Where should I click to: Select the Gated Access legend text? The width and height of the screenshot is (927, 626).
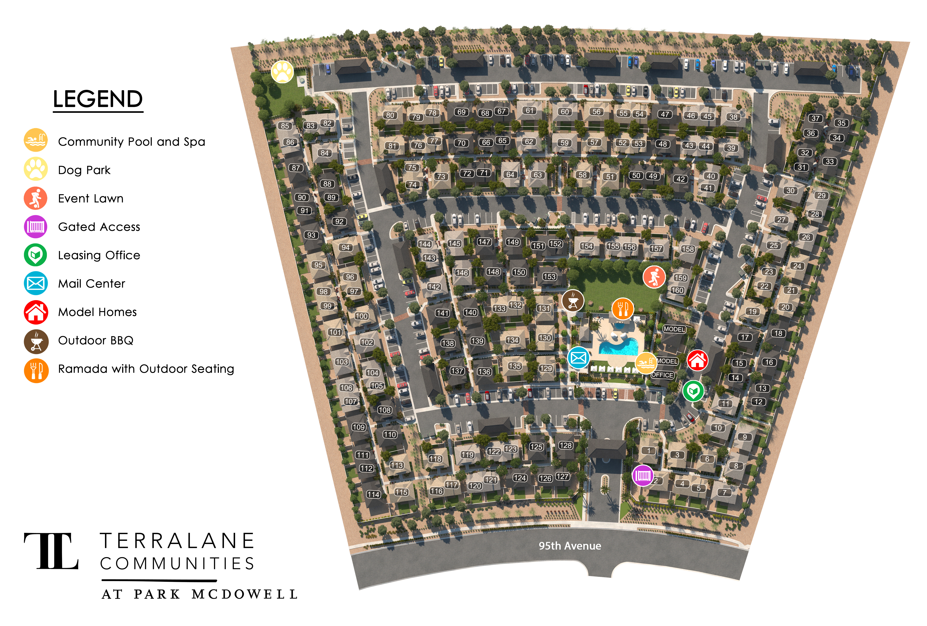click(99, 227)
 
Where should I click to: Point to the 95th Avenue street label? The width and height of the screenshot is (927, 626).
click(570, 546)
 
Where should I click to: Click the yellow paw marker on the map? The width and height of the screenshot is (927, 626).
click(282, 72)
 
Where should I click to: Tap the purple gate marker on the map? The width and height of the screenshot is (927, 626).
click(643, 475)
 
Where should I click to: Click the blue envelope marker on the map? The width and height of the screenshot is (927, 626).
click(578, 358)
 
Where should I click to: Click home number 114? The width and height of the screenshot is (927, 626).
click(373, 494)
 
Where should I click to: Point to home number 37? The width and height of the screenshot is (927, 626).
click(816, 118)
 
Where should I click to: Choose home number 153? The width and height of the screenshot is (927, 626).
click(549, 276)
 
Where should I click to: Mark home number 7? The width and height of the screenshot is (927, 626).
click(724, 492)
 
